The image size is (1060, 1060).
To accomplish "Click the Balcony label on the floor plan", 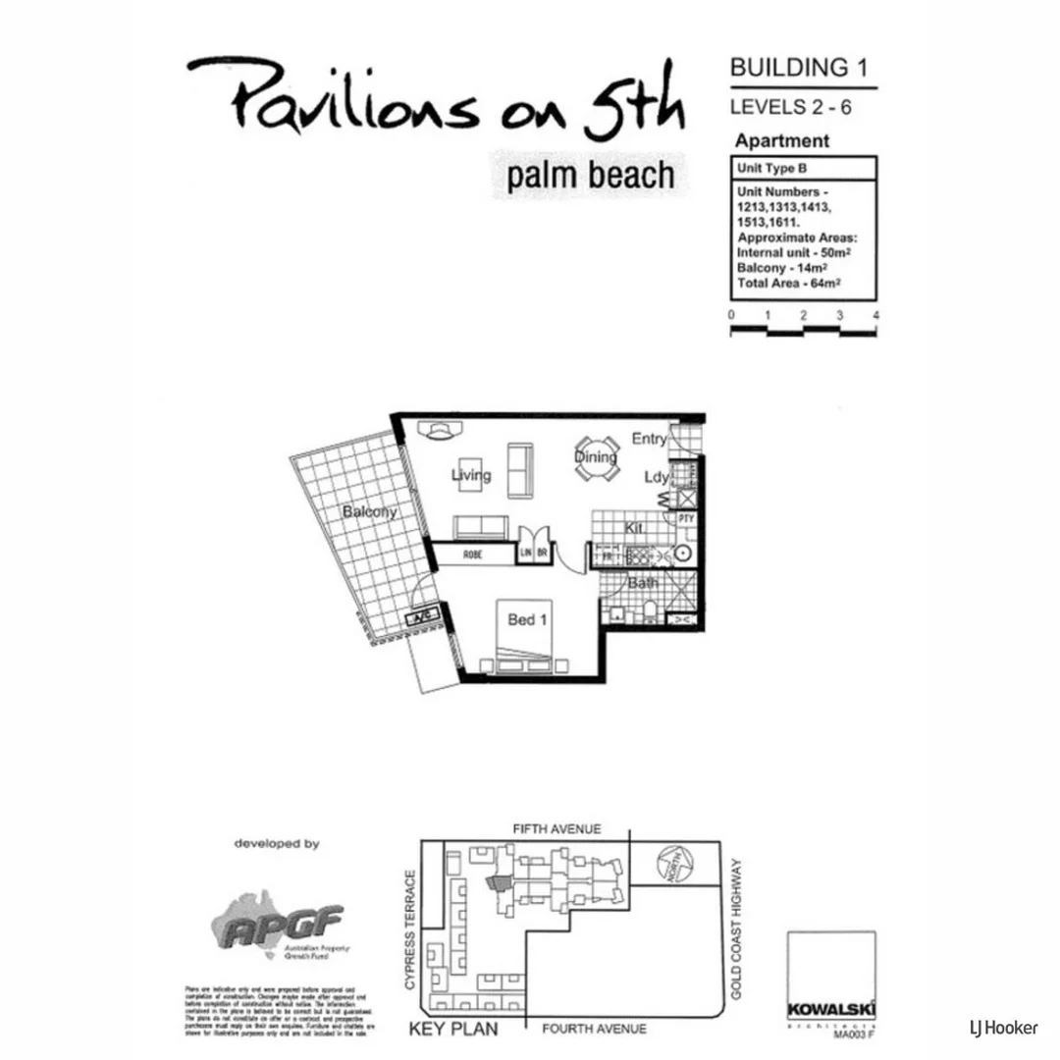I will tap(370, 511).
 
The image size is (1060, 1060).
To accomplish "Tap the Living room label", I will tap(471, 476).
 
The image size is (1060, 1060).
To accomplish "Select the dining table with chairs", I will tap(597, 458).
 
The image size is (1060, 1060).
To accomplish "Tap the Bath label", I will tap(644, 583).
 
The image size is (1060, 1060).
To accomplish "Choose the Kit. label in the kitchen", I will tap(635, 529).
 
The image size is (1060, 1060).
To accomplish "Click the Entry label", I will tap(649, 439).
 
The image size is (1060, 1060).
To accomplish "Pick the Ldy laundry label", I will tap(656, 477).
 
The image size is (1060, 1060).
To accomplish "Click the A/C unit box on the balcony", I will tap(423, 617).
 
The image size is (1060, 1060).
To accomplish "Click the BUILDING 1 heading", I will tap(799, 68).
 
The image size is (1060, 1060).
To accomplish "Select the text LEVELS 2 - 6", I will tap(790, 107).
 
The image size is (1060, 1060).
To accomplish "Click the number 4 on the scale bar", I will tap(874, 315).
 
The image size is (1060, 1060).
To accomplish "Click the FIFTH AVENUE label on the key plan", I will tap(556, 829).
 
